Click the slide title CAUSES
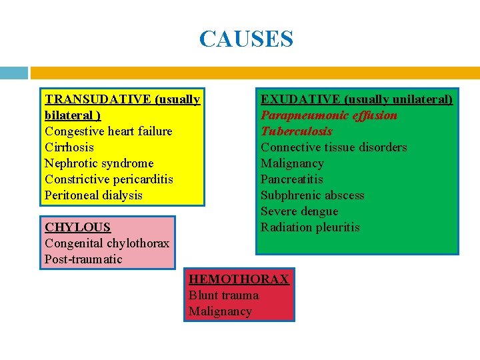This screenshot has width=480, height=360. pyautogui.click(x=246, y=39)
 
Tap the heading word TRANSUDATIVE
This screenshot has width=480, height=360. pyautogui.click(x=98, y=99)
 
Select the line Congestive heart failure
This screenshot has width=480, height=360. pyautogui.click(x=108, y=131)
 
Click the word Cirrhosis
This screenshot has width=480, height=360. pyautogui.click(x=69, y=147)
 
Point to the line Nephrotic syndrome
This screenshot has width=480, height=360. pyautogui.click(x=99, y=163)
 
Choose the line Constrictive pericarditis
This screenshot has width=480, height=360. pyautogui.click(x=109, y=179)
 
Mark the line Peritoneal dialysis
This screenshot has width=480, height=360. pyautogui.click(x=93, y=195)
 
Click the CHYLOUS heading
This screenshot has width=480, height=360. pyautogui.click(x=77, y=227)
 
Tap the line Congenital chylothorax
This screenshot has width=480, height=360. pyautogui.click(x=107, y=243)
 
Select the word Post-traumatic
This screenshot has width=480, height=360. pyautogui.click(x=83, y=259)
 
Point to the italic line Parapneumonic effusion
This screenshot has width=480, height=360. pyautogui.click(x=329, y=115)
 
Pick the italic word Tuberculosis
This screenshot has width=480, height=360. pyautogui.click(x=296, y=131)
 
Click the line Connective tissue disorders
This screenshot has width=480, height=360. pyautogui.click(x=333, y=147)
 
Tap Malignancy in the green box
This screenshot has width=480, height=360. pyautogui.click(x=292, y=163)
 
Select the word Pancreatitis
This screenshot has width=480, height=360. pyautogui.click(x=291, y=179)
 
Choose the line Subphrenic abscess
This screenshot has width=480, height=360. pyautogui.click(x=312, y=195)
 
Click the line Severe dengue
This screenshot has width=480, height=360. pyautogui.click(x=299, y=211)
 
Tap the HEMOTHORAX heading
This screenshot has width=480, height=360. pyautogui.click(x=239, y=279)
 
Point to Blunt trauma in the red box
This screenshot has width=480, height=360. pyautogui.click(x=223, y=295)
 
